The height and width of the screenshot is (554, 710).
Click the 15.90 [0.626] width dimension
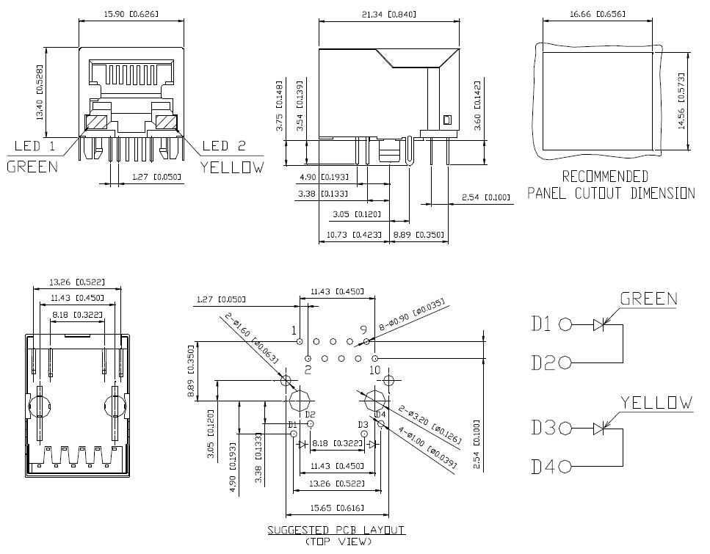(x=131, y=14)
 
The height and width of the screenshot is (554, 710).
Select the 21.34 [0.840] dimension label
(x=389, y=15)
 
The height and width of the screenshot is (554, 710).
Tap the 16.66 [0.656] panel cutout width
(x=598, y=14)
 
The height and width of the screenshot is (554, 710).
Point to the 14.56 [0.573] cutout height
(x=681, y=101)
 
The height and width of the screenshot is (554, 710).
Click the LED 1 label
(x=35, y=146)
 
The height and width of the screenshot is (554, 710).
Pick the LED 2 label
(x=224, y=146)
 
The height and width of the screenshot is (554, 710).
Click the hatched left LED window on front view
(x=95, y=123)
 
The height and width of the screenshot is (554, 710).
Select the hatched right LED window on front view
(x=166, y=123)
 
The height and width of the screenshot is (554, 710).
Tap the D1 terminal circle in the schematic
(x=565, y=324)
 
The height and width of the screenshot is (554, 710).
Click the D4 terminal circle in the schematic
(x=565, y=467)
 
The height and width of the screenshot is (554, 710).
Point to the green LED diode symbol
(x=599, y=324)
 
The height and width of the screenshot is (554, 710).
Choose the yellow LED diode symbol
(x=599, y=429)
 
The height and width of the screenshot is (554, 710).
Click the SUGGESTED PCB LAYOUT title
(x=336, y=530)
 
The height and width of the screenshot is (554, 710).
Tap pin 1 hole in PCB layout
(x=300, y=341)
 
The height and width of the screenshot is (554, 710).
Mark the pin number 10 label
(x=375, y=370)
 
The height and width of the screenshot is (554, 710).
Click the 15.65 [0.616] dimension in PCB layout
(x=337, y=508)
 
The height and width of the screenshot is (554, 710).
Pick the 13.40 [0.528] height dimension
(x=40, y=92)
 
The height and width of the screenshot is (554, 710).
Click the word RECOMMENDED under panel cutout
(x=605, y=176)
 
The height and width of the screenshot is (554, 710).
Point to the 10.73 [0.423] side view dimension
(x=354, y=235)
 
